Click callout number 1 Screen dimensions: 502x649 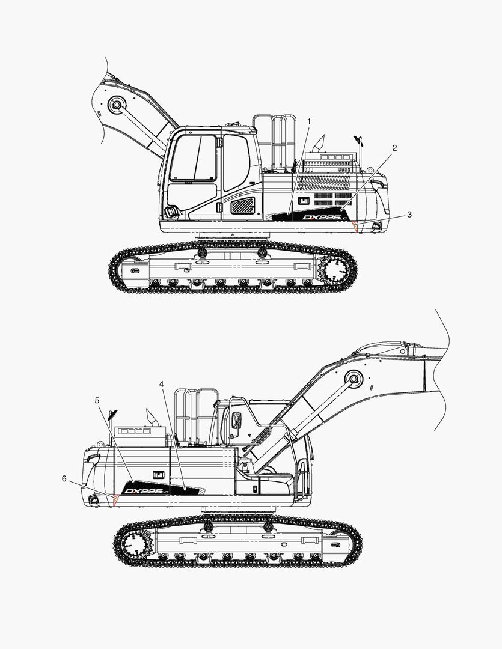[x=308, y=121]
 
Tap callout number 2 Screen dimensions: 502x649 [x=394, y=148]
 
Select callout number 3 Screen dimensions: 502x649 [x=409, y=215]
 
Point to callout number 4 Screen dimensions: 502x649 [x=161, y=384]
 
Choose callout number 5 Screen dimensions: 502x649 [x=97, y=400]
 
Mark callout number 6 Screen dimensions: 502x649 [x=64, y=478]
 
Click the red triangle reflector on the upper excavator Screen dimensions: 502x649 [x=354, y=227]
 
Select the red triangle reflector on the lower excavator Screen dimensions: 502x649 [x=115, y=499]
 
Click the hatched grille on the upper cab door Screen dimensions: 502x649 [x=242, y=206]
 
